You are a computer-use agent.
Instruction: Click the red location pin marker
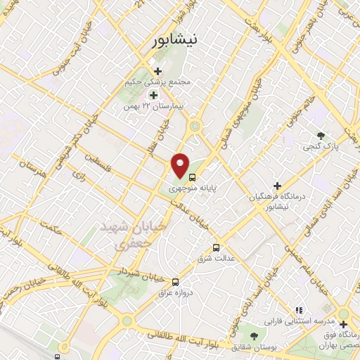pyautogui.click(x=181, y=165)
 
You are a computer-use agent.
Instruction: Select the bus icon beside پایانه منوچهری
pyautogui.click(x=193, y=176)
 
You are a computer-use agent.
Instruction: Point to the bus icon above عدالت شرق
pyautogui.click(x=216, y=247)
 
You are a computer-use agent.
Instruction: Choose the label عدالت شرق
pyautogui.click(x=216, y=259)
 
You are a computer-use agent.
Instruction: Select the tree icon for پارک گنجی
pyautogui.click(x=321, y=135)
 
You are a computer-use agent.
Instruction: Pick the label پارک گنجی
pyautogui.click(x=321, y=147)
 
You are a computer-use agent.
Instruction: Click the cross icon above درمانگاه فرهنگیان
pyautogui.click(x=278, y=185)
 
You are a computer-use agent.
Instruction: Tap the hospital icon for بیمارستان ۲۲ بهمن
pyautogui.click(x=152, y=94)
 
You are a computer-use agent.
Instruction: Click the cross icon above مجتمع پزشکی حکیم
pyautogui.click(x=157, y=71)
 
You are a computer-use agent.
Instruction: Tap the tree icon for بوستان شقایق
pyautogui.click(x=253, y=337)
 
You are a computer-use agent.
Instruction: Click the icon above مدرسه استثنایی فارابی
pyautogui.click(x=298, y=309)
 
